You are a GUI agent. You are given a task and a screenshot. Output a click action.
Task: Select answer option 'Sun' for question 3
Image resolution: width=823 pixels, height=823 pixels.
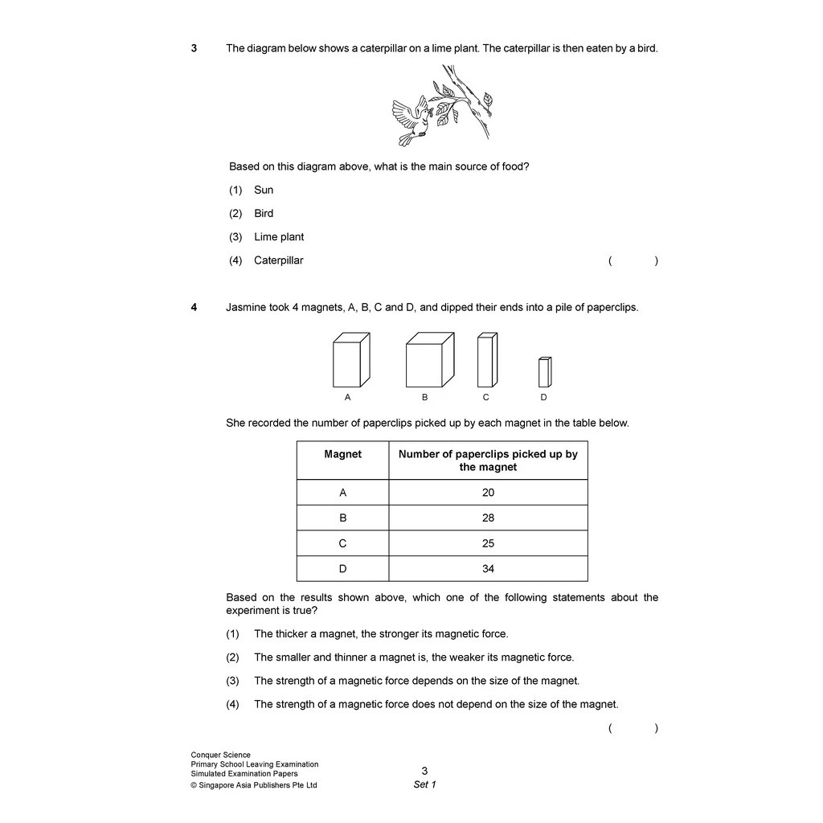pyautogui.click(x=264, y=190)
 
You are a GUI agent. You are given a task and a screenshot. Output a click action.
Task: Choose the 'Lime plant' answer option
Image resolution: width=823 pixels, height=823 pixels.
pyautogui.click(x=279, y=237)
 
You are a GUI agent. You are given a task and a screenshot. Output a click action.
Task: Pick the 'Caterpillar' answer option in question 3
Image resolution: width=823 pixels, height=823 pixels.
pyautogui.click(x=278, y=260)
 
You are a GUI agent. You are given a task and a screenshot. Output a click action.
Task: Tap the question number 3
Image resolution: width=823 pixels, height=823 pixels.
pyautogui.click(x=194, y=48)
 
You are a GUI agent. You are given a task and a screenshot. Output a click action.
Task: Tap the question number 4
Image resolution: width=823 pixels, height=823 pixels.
pyautogui.click(x=194, y=307)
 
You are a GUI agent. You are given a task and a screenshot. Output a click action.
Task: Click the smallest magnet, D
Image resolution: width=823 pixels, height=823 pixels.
pyautogui.click(x=545, y=372)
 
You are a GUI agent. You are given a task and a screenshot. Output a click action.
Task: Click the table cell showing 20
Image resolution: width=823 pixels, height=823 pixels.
pyautogui.click(x=488, y=493)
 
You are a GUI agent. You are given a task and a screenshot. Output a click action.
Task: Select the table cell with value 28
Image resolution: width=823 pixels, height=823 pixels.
pyautogui.click(x=488, y=518)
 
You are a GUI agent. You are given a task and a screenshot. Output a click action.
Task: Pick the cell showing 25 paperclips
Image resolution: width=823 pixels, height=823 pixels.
pyautogui.click(x=488, y=543)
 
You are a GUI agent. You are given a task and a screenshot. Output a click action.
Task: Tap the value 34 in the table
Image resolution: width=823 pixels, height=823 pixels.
pyautogui.click(x=488, y=569)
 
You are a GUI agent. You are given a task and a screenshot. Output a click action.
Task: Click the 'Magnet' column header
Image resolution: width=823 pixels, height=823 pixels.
pyautogui.click(x=343, y=455)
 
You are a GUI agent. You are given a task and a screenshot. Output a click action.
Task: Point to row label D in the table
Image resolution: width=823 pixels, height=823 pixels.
pyautogui.click(x=343, y=569)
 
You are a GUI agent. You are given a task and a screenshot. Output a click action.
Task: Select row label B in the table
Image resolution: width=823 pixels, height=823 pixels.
pyautogui.click(x=343, y=518)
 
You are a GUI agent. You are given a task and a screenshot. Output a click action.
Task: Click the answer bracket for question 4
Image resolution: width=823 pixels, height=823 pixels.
pyautogui.click(x=633, y=728)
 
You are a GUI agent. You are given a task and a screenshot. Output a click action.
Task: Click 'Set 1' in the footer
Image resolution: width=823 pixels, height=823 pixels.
pyautogui.click(x=424, y=785)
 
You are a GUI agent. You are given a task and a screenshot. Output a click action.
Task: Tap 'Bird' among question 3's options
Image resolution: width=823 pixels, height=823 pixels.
pyautogui.click(x=264, y=214)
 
